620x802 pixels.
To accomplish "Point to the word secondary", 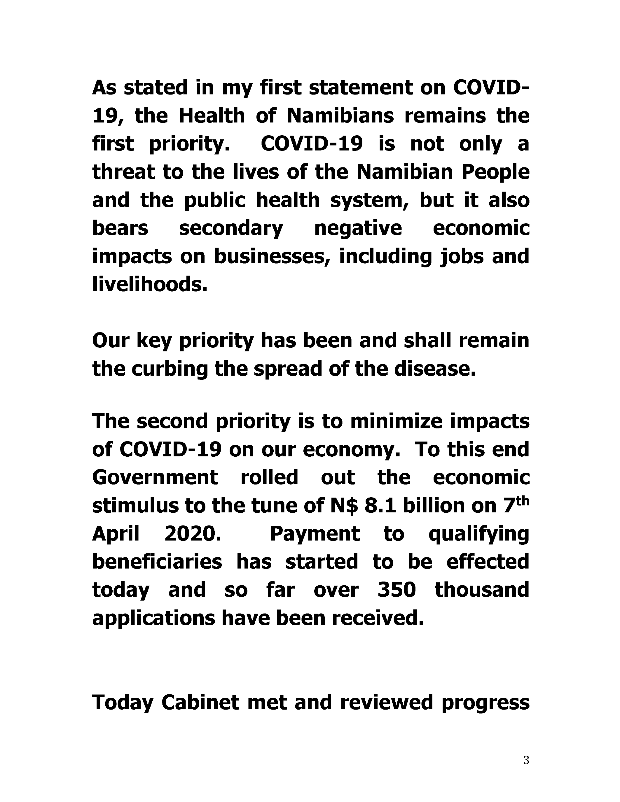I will coord(231,228).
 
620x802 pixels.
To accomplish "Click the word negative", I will coord(358,228).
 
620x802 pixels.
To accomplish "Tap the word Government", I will coord(155,478).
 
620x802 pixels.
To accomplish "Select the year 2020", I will coord(193,534).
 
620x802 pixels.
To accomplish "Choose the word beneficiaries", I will coord(157,562).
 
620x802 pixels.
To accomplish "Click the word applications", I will coord(153,618).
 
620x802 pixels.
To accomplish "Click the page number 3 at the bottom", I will coord(526,760).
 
